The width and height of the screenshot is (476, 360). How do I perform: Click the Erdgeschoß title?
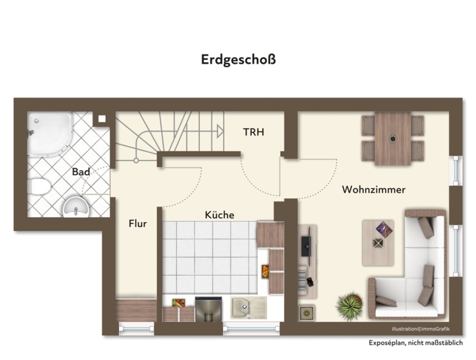(x=239, y=59)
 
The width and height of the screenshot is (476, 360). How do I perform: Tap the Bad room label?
(x=81, y=172)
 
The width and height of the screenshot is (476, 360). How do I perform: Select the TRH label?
(x=253, y=132)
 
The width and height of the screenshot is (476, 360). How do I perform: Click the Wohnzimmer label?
(x=374, y=190)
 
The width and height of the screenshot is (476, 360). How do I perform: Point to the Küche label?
(x=219, y=215)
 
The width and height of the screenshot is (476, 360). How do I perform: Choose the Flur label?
(x=138, y=223)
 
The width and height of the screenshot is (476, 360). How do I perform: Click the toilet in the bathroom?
(x=39, y=186)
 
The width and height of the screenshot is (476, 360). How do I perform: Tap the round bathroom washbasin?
(x=76, y=206)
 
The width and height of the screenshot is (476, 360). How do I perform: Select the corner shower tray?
(x=50, y=134)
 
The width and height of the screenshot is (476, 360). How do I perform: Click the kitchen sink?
(x=249, y=308)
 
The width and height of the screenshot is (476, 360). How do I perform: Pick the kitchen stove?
(x=208, y=309)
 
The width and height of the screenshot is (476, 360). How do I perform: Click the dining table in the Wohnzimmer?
(x=393, y=139)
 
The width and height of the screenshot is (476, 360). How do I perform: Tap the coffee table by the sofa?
(x=378, y=243)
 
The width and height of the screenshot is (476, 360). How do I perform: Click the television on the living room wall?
(x=306, y=246)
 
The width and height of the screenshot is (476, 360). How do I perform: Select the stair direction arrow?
(x=221, y=131)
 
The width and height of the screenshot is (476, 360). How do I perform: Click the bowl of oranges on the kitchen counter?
(x=265, y=272)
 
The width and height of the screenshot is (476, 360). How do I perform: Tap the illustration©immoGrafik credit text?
(x=421, y=329)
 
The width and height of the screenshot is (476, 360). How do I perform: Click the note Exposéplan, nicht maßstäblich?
(x=416, y=343)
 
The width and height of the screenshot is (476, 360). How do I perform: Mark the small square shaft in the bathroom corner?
(x=102, y=119)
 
